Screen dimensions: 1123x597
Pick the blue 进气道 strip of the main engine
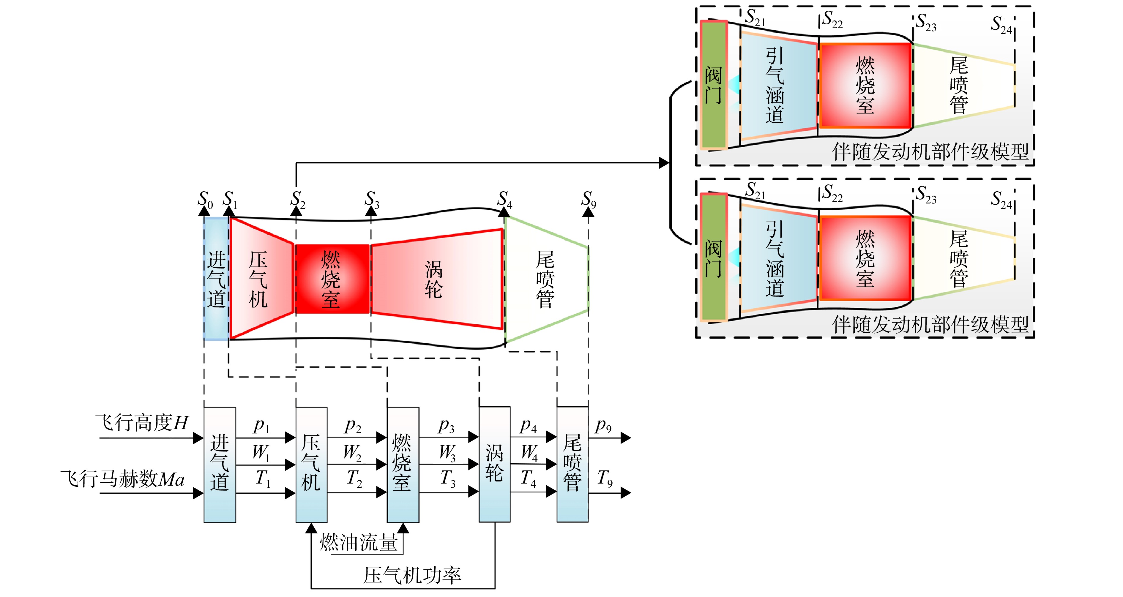[x=216, y=279]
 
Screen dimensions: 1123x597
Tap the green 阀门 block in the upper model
[x=714, y=85]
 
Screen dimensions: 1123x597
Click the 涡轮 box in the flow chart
[x=495, y=465]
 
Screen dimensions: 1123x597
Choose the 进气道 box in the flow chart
[x=220, y=465]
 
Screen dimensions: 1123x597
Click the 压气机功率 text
[x=412, y=575]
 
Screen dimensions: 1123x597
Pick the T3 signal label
[x=448, y=478]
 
